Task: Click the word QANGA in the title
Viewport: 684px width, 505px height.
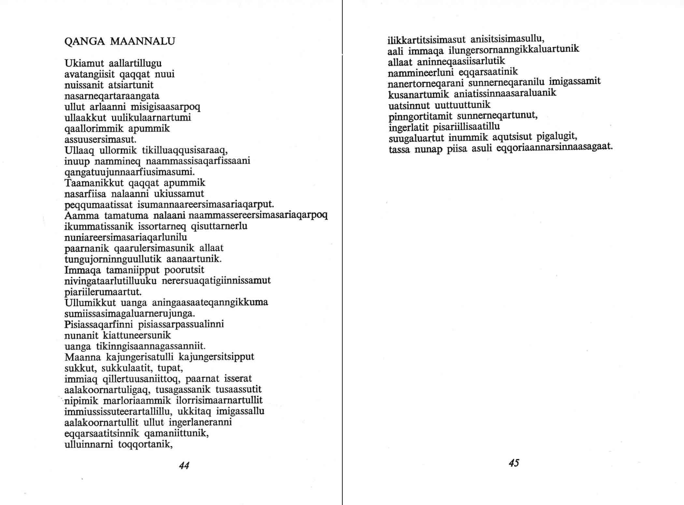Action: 85,41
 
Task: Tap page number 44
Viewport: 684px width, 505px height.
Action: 184,465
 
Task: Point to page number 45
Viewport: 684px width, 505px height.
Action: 514,463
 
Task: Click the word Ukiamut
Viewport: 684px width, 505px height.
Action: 84,63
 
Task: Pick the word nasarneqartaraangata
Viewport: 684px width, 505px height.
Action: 112,96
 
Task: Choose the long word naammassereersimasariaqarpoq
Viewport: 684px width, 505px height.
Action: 258,215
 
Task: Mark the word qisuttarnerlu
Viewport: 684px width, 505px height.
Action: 219,226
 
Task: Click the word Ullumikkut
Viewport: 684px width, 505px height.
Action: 90,303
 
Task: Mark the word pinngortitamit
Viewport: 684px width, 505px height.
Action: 420,116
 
